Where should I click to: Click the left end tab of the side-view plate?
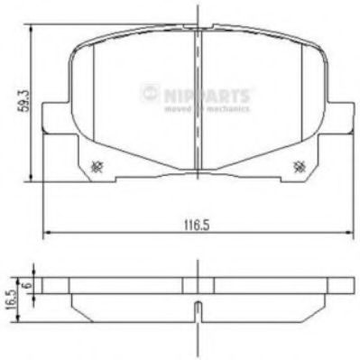click(56, 282)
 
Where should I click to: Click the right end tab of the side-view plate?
click(340, 282)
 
